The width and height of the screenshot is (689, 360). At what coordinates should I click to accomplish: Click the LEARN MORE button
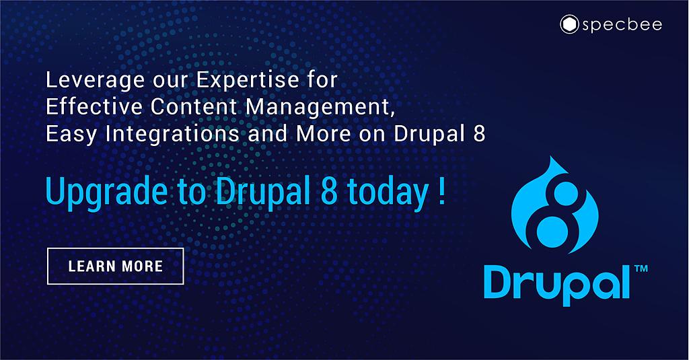(x=115, y=266)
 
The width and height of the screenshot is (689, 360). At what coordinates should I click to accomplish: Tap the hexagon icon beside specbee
(x=570, y=26)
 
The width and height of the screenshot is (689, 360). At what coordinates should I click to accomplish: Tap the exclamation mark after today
(x=441, y=191)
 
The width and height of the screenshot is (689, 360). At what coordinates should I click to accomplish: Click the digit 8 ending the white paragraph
(x=479, y=134)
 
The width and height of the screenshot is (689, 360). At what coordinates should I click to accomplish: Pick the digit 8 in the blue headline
(x=322, y=191)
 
